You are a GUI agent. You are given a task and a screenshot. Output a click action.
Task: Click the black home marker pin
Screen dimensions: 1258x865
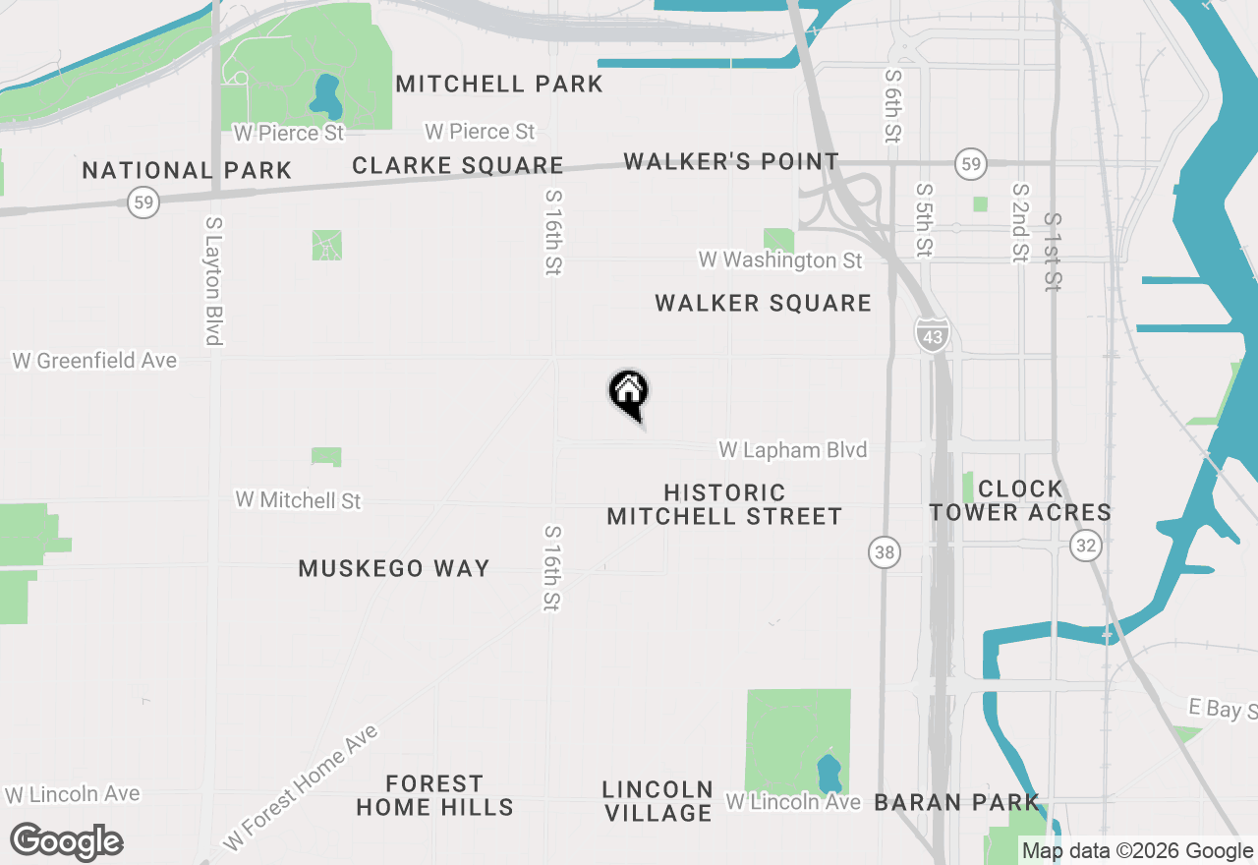point(629,393)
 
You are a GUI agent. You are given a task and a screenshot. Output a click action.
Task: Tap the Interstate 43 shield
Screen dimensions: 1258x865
point(933,334)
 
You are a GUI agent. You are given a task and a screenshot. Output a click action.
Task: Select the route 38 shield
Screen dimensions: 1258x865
point(885,552)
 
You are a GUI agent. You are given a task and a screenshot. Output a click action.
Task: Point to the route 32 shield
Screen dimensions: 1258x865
point(1085,547)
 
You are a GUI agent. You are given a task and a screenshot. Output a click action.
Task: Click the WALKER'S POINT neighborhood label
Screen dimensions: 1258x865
point(731,161)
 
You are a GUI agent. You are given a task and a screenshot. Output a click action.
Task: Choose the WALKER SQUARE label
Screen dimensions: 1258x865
point(763,303)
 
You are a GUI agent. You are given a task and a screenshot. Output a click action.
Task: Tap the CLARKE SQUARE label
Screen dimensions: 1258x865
point(458,165)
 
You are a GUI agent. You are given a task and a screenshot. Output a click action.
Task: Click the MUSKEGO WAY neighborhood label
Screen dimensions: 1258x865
point(394,568)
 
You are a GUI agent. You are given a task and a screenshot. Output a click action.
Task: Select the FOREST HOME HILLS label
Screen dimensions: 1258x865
point(434,796)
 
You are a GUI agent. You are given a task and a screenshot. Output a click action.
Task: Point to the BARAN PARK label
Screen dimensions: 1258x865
point(956,802)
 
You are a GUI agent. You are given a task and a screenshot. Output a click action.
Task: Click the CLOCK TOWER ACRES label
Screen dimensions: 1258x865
point(1020,500)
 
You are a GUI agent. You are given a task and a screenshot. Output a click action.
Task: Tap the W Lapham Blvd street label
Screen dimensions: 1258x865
point(793,450)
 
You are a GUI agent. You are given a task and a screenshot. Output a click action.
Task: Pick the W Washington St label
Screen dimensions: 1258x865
point(780,260)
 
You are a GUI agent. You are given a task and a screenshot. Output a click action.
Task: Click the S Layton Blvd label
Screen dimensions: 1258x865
point(212,281)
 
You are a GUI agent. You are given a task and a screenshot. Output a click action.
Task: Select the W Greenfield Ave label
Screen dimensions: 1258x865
point(94,361)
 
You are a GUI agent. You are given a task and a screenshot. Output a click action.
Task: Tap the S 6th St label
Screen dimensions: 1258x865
point(892,105)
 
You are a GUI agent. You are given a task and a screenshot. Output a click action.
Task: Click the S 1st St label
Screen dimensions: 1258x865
point(1053,252)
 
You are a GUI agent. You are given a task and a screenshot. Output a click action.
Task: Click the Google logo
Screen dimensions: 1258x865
point(66,841)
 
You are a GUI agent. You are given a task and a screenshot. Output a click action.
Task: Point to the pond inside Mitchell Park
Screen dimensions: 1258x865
point(324,94)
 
